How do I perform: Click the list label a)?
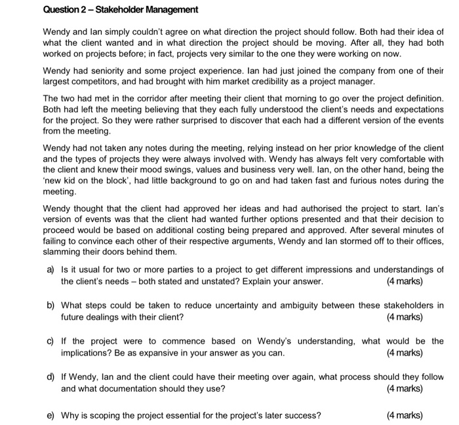coord(50,270)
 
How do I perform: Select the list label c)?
coord(50,341)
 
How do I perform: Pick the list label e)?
coord(50,415)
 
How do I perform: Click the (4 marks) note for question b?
coord(405,317)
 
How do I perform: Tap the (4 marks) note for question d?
coord(405,389)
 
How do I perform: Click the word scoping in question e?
coord(109,415)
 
